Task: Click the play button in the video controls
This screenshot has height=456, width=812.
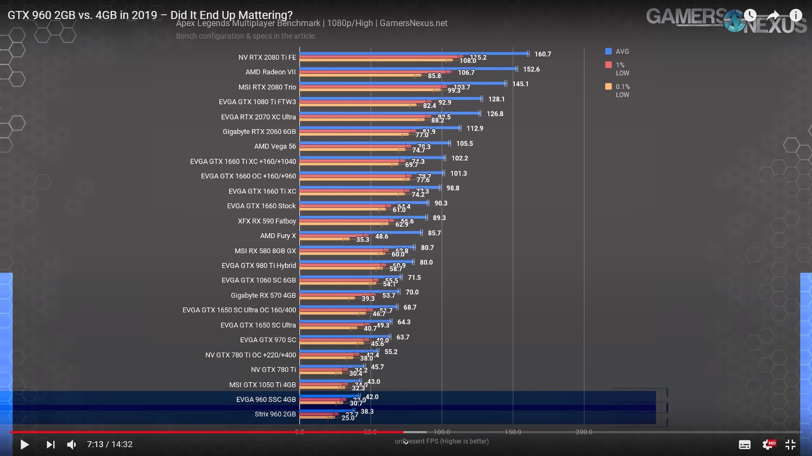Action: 25,445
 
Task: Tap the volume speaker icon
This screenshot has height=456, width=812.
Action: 71,445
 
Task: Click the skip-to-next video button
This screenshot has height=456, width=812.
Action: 50,445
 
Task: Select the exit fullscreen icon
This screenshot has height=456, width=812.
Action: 790,445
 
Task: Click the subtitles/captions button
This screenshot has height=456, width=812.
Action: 744,445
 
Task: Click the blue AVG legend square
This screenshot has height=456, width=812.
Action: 609,51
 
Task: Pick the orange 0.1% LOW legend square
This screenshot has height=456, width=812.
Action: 609,87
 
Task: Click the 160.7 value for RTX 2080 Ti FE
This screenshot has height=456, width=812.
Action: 543,54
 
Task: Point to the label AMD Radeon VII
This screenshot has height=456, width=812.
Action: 270,72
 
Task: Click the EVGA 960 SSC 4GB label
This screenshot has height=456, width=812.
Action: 266,399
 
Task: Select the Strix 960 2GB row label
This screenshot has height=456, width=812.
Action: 275,414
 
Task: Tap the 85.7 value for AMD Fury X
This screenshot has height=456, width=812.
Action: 434,233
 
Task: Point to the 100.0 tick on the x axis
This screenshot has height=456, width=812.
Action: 442,432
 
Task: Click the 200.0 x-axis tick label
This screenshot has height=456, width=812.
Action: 584,432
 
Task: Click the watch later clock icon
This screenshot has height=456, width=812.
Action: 750,16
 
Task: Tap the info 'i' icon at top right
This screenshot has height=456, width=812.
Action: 796,16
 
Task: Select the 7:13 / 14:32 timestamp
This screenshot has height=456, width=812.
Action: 110,445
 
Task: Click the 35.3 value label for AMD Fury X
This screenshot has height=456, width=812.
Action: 362,239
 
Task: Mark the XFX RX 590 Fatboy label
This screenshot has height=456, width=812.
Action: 266,221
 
